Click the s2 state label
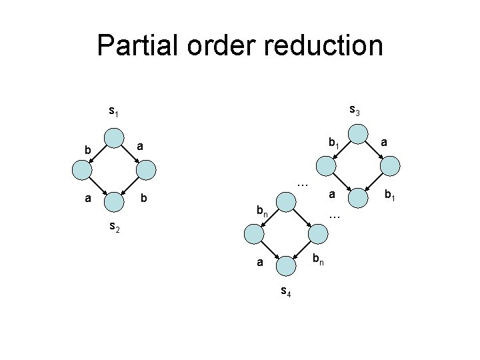coord(115,229)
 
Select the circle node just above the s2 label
coord(115,200)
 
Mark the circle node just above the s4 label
coord(286,265)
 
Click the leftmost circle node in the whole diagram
coord(83,171)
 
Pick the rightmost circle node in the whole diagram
coord(391,165)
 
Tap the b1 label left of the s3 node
coord(334,143)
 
